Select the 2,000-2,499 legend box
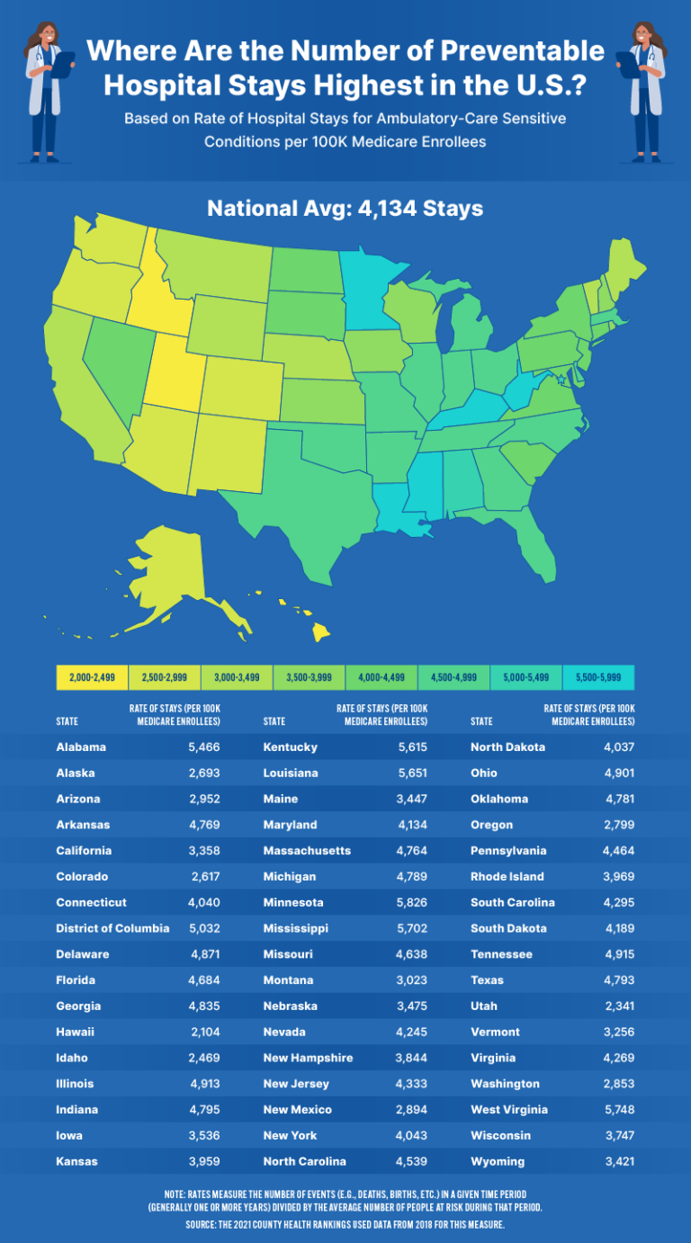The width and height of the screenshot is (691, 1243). (92, 677)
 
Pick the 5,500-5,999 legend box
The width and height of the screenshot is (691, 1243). (598, 677)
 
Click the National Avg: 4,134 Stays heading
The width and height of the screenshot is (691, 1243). (345, 209)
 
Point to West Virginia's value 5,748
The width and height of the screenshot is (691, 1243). (618, 1109)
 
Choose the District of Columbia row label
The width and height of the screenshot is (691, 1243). (112, 928)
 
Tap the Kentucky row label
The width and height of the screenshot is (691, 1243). (291, 747)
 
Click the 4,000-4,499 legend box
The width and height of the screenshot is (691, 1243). (381, 677)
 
